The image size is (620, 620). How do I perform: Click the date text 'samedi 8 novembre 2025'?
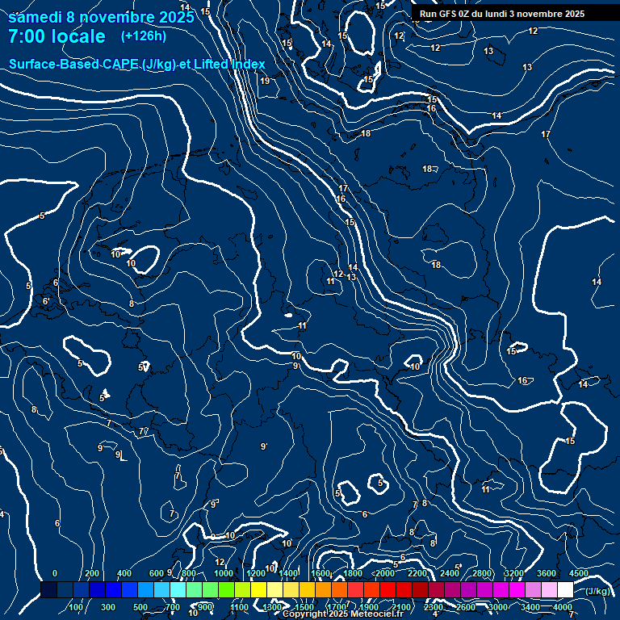tap(101, 17)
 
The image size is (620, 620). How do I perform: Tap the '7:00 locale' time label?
tap(57, 36)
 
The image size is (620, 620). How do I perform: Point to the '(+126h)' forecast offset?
tap(144, 36)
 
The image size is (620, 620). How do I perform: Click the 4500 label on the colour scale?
tap(578, 573)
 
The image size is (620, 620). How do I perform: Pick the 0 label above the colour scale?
tap(55, 573)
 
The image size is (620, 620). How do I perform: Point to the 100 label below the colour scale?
tap(76, 607)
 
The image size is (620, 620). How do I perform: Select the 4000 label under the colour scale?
tap(563, 607)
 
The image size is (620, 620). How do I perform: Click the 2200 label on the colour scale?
tap(417, 573)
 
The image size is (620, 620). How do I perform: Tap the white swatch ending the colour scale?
tap(565, 590)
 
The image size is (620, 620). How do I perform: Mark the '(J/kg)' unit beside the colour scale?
tap(597, 591)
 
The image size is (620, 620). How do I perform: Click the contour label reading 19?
tap(265, 81)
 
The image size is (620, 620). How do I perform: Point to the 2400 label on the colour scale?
tap(449, 573)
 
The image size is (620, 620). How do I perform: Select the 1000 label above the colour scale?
tap(224, 573)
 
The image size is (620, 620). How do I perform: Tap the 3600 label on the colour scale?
tap(546, 573)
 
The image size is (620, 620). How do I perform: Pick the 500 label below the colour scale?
tap(140, 607)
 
